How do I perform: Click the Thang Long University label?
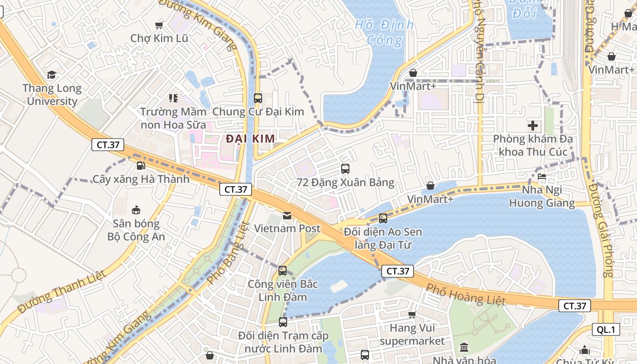pyautogui.click(x=52, y=95)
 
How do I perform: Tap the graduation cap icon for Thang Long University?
pyautogui.click(x=51, y=75)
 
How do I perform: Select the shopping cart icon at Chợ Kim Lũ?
pyautogui.click(x=159, y=25)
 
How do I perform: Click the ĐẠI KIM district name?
pyautogui.click(x=250, y=139)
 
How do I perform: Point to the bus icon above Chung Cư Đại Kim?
pyautogui.click(x=258, y=98)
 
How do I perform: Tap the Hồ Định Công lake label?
pyautogui.click(x=384, y=32)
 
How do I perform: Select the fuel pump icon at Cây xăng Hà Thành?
pyautogui.click(x=141, y=166)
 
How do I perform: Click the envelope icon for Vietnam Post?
pyautogui.click(x=287, y=215)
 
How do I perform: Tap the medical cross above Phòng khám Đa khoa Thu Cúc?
pyautogui.click(x=532, y=125)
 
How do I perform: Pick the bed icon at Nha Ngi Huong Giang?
pyautogui.click(x=541, y=177)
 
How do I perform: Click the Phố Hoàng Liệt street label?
pyautogui.click(x=466, y=294)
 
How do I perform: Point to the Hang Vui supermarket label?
pyautogui.click(x=412, y=334)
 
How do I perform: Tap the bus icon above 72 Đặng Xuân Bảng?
pyautogui.click(x=345, y=169)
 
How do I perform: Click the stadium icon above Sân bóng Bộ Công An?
pyautogui.click(x=136, y=210)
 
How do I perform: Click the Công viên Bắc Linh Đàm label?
pyautogui.click(x=283, y=290)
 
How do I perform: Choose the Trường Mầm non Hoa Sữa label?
pyautogui.click(x=173, y=118)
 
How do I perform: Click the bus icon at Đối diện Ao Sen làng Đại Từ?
pyautogui.click(x=383, y=218)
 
